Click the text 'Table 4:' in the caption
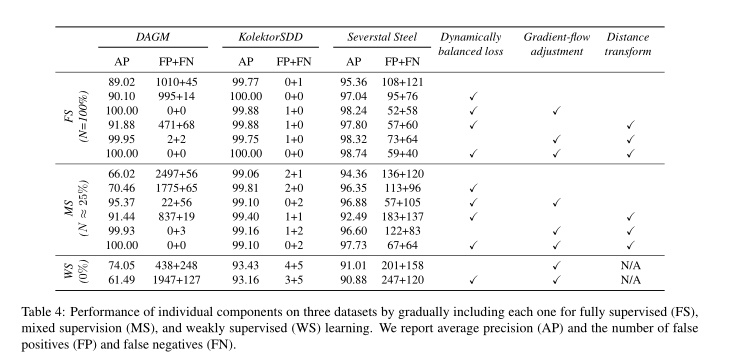coord(43,311)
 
